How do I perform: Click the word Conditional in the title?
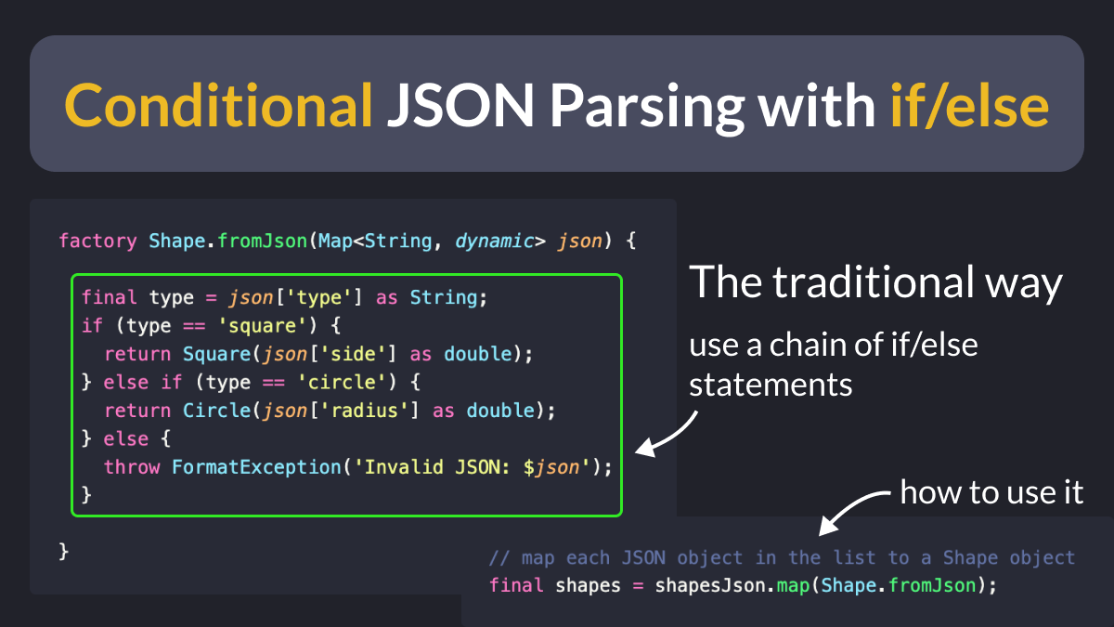218,105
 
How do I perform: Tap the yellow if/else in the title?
969,105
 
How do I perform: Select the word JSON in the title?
460,105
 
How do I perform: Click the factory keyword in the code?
97,241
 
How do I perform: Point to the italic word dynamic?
494,241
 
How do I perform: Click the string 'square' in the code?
262,326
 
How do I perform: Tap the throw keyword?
132,467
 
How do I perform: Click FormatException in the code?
256,467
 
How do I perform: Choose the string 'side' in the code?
353,354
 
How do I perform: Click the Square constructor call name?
216,354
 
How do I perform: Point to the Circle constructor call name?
216,411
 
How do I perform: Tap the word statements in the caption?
771,385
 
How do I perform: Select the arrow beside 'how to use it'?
849,509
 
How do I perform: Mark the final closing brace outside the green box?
64,552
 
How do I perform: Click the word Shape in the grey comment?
970,558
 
